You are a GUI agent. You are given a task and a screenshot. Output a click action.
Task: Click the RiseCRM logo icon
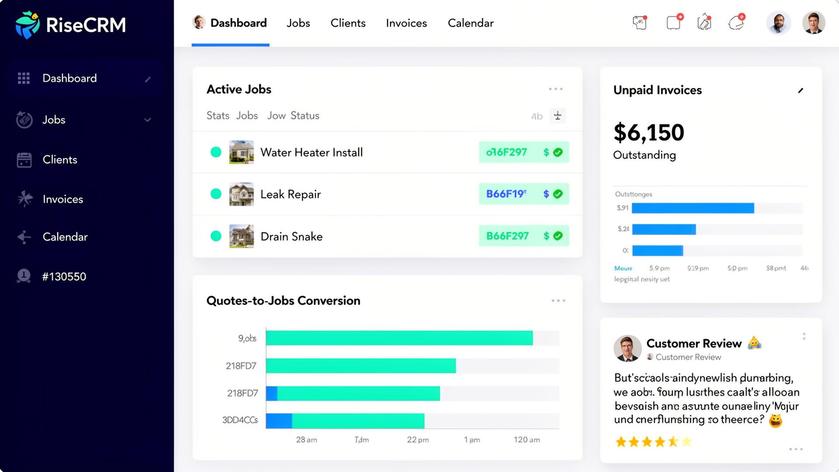[x=27, y=25]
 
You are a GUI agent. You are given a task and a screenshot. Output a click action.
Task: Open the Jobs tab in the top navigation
[x=298, y=23]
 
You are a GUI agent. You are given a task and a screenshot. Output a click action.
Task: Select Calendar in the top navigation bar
[x=470, y=23]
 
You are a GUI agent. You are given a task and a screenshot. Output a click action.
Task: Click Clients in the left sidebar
[x=60, y=160]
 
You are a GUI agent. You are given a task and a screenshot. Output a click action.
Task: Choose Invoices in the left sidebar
[x=62, y=199]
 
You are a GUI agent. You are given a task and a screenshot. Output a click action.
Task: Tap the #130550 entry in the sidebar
[x=64, y=277]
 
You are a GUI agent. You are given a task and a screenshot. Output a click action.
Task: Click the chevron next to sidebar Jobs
[x=148, y=120]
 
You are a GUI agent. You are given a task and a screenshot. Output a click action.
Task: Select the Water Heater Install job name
[x=311, y=153]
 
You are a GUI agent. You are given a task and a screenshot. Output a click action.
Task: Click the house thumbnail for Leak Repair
[x=241, y=194]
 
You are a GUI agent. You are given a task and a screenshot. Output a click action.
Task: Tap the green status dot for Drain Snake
[x=216, y=236]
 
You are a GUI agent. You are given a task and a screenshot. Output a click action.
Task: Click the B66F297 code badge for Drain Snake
[x=507, y=236]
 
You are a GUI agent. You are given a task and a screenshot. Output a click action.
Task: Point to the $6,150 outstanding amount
[x=648, y=132]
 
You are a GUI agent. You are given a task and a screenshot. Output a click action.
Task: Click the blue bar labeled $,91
[x=693, y=208]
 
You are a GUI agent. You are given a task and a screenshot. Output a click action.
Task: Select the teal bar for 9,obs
[x=399, y=338]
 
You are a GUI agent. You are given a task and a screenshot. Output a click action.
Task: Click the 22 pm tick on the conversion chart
[x=417, y=440]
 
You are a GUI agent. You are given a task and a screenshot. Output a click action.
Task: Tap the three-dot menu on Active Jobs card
[x=555, y=89]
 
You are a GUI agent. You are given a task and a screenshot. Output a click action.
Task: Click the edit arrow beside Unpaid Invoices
[x=801, y=90]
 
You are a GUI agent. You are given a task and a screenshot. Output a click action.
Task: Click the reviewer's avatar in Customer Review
[x=627, y=348]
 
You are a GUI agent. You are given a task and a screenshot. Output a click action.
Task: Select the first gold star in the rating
[x=621, y=442]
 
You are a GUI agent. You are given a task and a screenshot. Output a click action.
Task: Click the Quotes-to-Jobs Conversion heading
[x=283, y=301]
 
